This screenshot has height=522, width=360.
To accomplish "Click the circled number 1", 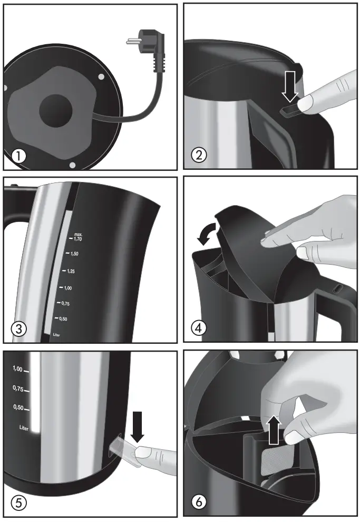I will (19, 156).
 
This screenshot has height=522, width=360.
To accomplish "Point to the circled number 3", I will (19, 328).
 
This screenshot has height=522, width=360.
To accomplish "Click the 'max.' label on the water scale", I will (79, 234).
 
